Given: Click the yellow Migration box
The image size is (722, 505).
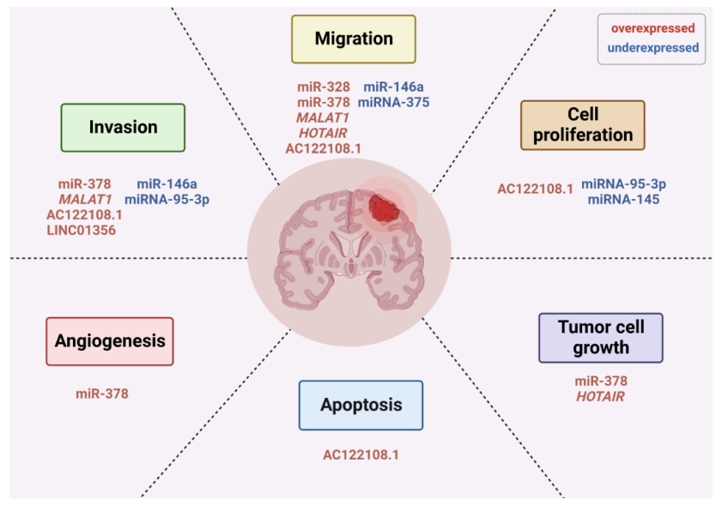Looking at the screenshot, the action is pos(354,39).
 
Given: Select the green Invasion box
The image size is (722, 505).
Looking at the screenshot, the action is pos(123,128).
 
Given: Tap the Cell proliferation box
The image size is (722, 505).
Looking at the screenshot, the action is pos(582,125).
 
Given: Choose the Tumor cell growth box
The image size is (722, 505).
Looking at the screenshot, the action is pos(601,338).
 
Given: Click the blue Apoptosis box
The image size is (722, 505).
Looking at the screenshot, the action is pos(361,406).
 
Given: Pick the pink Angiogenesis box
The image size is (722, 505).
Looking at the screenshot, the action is pos(110,341).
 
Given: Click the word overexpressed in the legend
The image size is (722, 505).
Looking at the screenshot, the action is pos(653,28).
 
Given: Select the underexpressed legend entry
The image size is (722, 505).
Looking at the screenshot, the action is pos(653,48).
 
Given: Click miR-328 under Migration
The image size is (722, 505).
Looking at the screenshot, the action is pos(324,87).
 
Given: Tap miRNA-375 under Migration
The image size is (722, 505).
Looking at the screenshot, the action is pos(394,102).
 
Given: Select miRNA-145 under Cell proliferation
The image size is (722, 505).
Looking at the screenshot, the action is pos(623,199).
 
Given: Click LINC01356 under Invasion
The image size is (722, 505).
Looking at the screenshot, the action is pos(81,230).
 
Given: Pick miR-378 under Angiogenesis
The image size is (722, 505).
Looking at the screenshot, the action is pos(102,394).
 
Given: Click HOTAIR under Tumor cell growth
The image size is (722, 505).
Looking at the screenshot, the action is pos(600,396).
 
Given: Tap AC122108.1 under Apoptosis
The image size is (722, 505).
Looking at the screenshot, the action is pos(361,455).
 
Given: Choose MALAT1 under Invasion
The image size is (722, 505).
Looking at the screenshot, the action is pos(85,199).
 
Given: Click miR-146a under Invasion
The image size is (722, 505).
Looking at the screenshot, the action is pos(167,184).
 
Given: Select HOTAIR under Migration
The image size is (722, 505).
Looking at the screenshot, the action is pos(323,133).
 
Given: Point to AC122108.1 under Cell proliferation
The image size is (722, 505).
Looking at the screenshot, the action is pos(535,189).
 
